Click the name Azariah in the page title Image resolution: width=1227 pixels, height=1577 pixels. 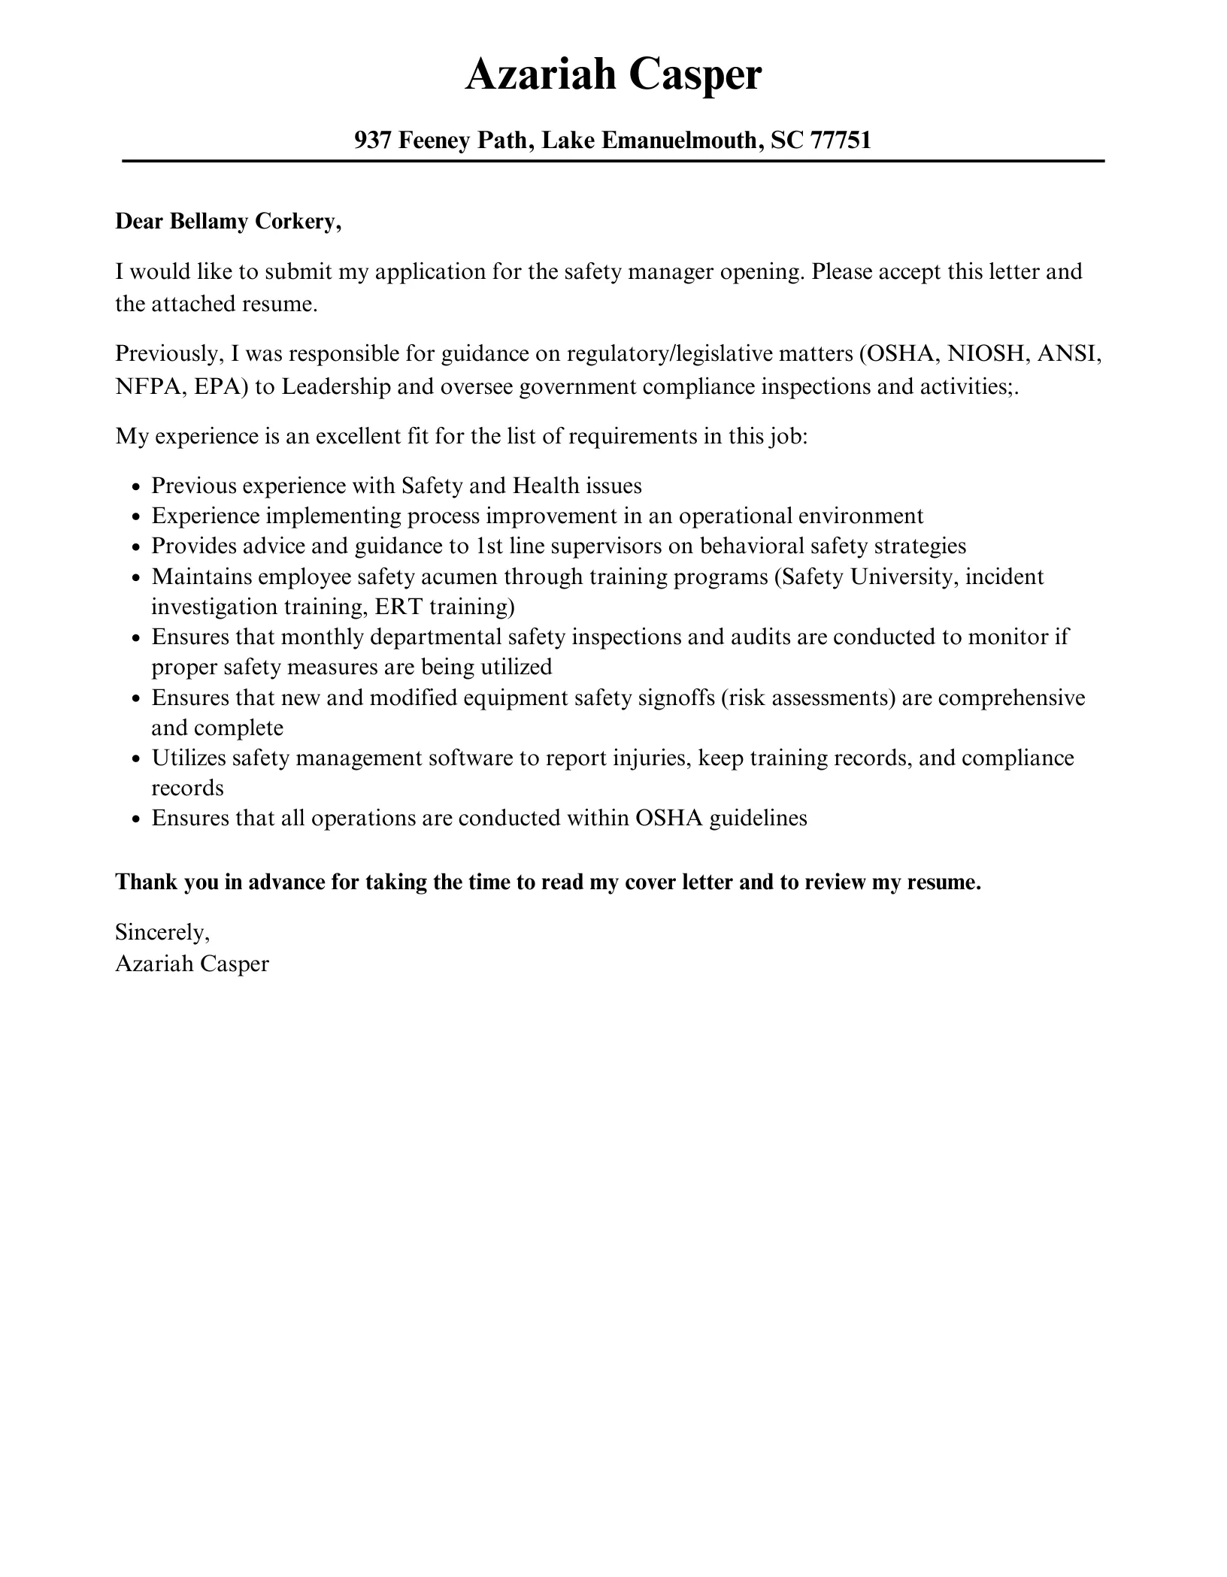(540, 76)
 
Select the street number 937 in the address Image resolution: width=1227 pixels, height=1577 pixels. (371, 140)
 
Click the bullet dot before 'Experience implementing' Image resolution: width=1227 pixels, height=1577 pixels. (135, 517)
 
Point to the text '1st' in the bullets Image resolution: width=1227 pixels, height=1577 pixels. (490, 546)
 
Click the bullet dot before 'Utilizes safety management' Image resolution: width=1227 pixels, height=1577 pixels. (135, 759)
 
